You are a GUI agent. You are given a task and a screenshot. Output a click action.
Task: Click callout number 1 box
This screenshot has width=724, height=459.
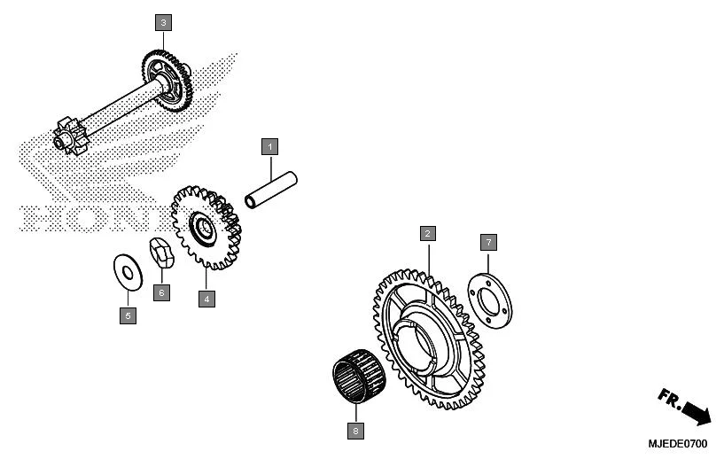coord(269,145)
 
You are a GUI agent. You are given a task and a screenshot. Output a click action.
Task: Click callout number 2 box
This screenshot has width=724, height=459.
coord(427,234)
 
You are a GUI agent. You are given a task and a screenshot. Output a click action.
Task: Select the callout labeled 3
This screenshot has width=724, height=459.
coord(163,21)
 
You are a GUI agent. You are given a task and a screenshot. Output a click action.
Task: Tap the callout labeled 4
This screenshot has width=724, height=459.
coord(206,300)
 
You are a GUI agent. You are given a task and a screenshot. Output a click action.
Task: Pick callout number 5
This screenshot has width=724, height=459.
coord(128,315)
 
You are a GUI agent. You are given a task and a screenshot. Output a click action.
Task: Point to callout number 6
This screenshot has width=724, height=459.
coord(160,292)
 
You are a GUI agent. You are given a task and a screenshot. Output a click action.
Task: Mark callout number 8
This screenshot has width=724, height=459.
coord(355,432)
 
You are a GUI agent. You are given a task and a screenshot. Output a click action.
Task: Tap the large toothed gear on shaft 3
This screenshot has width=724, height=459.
coord(171,80)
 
